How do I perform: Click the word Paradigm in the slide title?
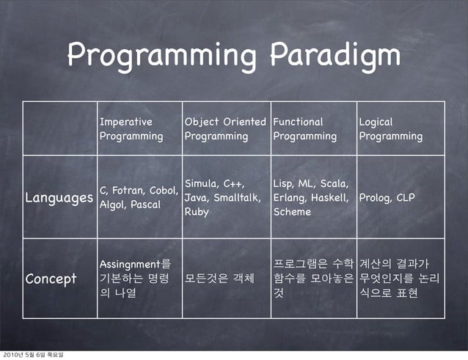pyautogui.click(x=335, y=56)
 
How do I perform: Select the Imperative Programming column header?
pyautogui.click(x=131, y=129)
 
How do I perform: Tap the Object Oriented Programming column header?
pyautogui.click(x=225, y=129)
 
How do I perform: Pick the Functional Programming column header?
pyautogui.click(x=304, y=129)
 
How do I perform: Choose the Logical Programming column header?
pyautogui.click(x=390, y=129)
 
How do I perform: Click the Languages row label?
pyautogui.click(x=59, y=198)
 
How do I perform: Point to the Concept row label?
pyautogui.click(x=51, y=279)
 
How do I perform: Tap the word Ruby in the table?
pyautogui.click(x=197, y=212)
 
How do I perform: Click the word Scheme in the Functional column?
pyautogui.click(x=292, y=212)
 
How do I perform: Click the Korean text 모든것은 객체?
pyautogui.click(x=219, y=279)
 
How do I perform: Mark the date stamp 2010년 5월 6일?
pyautogui.click(x=33, y=355)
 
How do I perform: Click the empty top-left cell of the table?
pyautogui.click(x=59, y=129)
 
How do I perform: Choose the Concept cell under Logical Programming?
pyautogui.click(x=400, y=279)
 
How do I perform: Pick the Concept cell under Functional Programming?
pyautogui.click(x=313, y=279)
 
